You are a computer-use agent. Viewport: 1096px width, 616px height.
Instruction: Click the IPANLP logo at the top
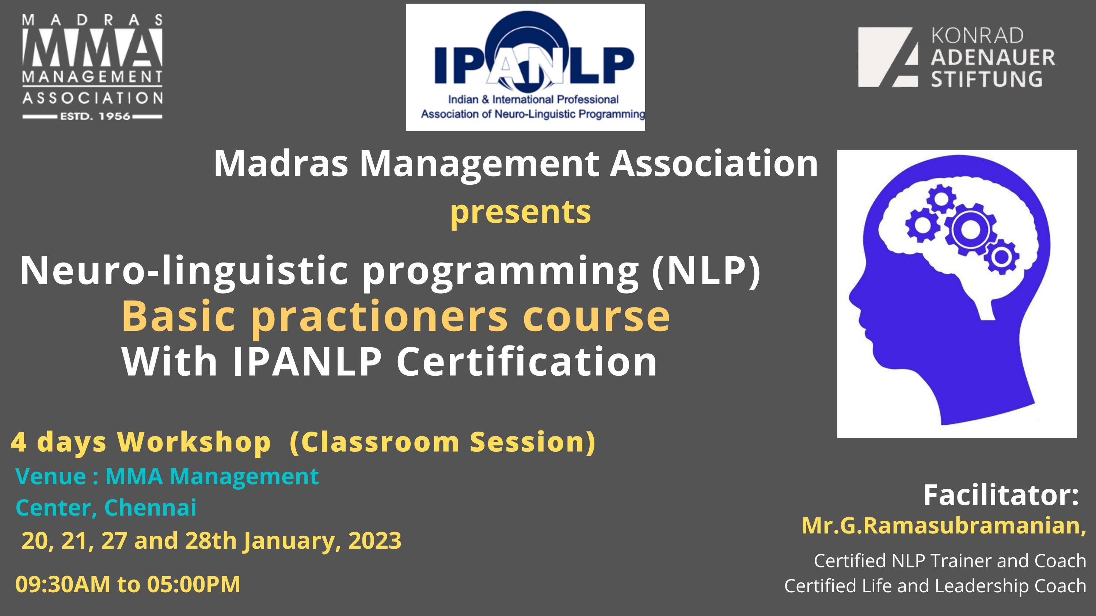[525, 67]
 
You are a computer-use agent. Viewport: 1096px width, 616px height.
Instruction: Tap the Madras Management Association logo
[92, 67]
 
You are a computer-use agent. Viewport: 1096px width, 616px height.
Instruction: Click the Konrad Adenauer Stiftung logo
[956, 57]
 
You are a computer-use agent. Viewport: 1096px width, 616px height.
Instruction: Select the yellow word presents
[520, 212]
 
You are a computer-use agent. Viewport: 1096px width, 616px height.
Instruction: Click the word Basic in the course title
[178, 316]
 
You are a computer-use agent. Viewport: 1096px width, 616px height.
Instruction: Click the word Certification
[527, 361]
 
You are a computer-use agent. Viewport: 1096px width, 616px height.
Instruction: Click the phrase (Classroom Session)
[442, 442]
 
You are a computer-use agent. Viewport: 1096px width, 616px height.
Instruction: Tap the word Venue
[51, 476]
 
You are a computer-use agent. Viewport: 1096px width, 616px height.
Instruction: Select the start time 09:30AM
[62, 584]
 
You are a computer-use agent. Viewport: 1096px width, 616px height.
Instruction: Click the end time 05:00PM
[194, 584]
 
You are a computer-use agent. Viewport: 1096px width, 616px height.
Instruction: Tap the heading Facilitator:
[1001, 495]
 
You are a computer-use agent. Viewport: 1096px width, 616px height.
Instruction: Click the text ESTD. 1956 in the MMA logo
[95, 116]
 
